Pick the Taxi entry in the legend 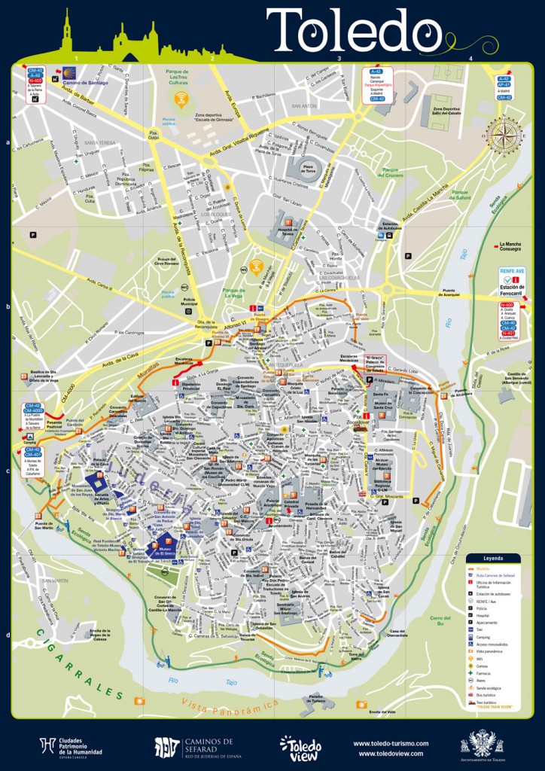487,630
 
